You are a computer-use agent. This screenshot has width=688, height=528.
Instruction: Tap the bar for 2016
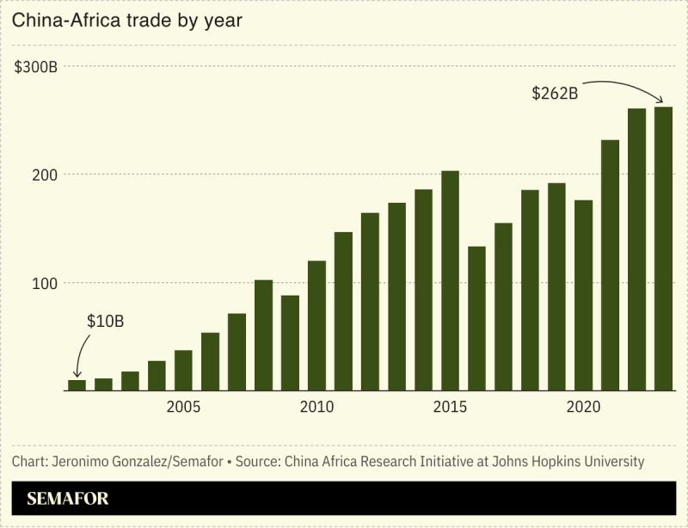[476, 319]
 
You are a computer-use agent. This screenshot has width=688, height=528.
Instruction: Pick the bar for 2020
[583, 296]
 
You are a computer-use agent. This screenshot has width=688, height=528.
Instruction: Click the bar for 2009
[290, 343]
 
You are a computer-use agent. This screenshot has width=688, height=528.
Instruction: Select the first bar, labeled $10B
[77, 385]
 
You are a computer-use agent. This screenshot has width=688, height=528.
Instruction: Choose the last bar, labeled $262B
[663, 249]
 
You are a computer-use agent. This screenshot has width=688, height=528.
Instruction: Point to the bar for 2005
[183, 371]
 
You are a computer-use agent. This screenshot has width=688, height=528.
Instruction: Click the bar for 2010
[316, 326]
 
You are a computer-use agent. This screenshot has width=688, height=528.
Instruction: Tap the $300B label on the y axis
[35, 67]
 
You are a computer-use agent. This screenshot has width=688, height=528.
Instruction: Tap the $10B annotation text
[106, 322]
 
